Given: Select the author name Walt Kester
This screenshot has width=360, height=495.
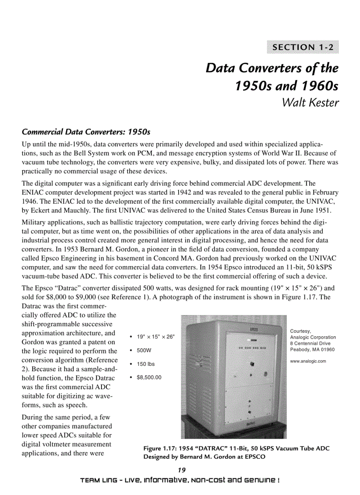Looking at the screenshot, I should (x=310, y=103).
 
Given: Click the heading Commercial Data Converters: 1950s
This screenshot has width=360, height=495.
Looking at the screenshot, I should (x=86, y=132).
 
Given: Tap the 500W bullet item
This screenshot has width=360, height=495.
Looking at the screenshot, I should (x=144, y=350).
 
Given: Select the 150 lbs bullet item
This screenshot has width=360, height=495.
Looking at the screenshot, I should (x=146, y=364).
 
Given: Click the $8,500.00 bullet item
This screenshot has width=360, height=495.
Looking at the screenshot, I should (x=149, y=377).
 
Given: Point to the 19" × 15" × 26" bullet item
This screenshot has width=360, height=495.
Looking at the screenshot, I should (x=155, y=337).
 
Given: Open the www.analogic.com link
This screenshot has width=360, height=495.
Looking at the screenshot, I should (x=307, y=361).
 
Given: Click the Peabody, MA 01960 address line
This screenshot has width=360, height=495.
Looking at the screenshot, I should (x=312, y=350).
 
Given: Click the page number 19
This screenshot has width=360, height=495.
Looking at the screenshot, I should (x=180, y=470).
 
